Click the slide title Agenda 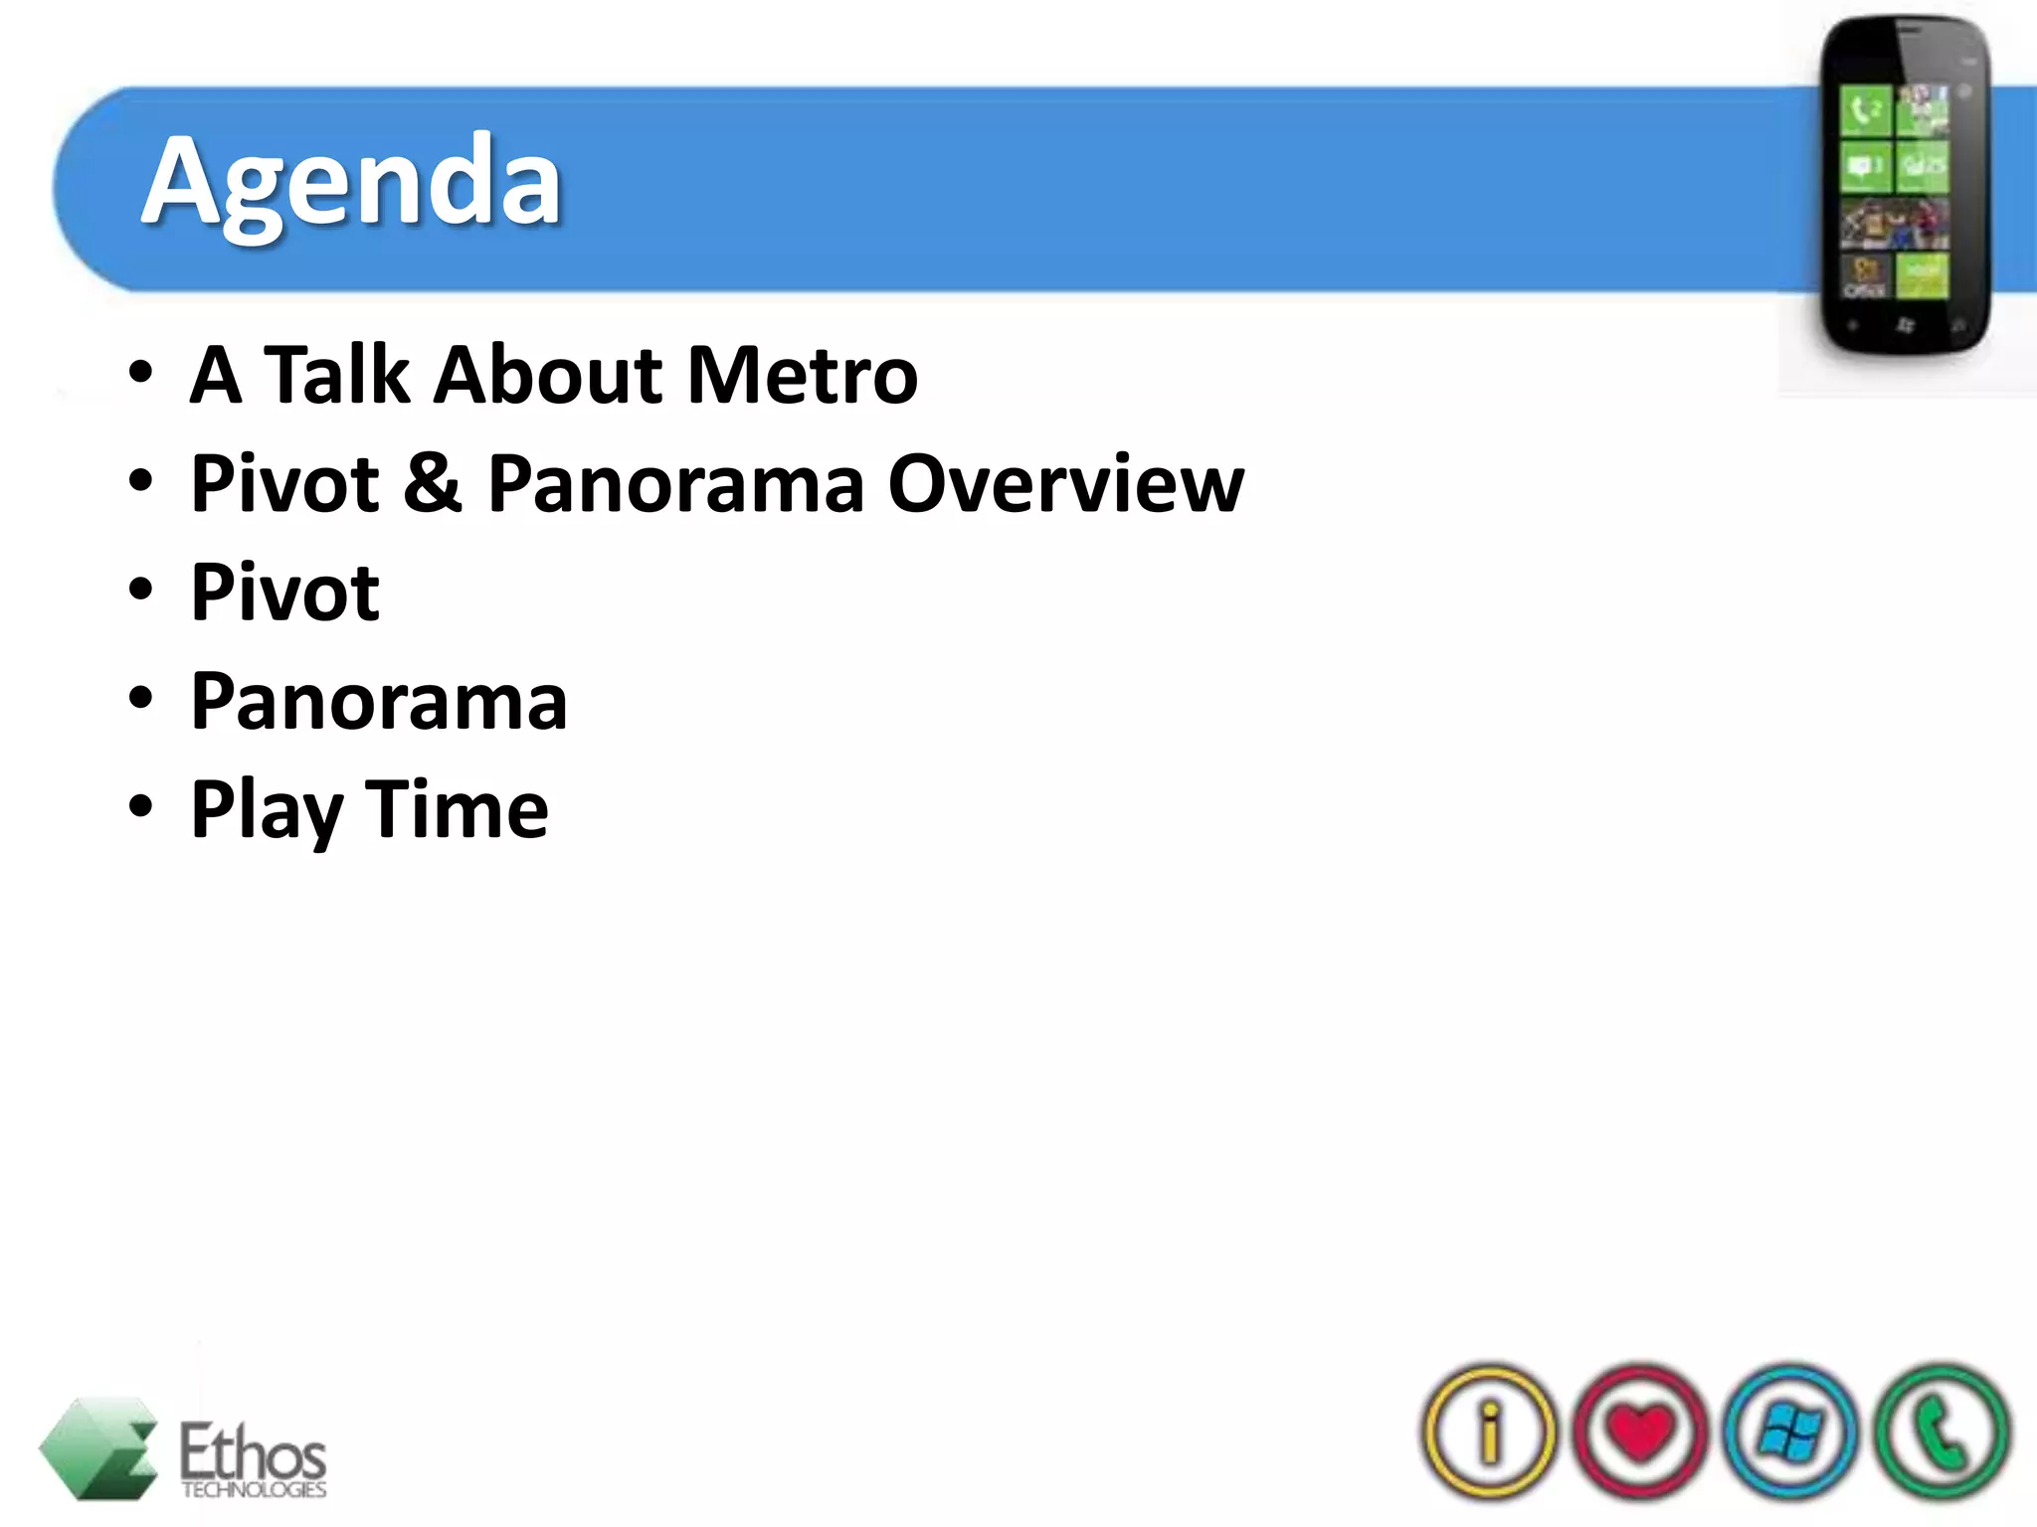352,185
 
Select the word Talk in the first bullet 336,376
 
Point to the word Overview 1065,484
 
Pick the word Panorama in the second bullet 676,484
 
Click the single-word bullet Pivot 284,593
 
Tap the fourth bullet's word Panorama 379,702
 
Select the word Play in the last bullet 267,811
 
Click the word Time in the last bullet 457,809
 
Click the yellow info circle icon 1489,1432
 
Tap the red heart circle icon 1640,1432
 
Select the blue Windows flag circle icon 1790,1432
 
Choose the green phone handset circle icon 1941,1432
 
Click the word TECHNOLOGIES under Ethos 254,1489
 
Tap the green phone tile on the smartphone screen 1865,109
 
